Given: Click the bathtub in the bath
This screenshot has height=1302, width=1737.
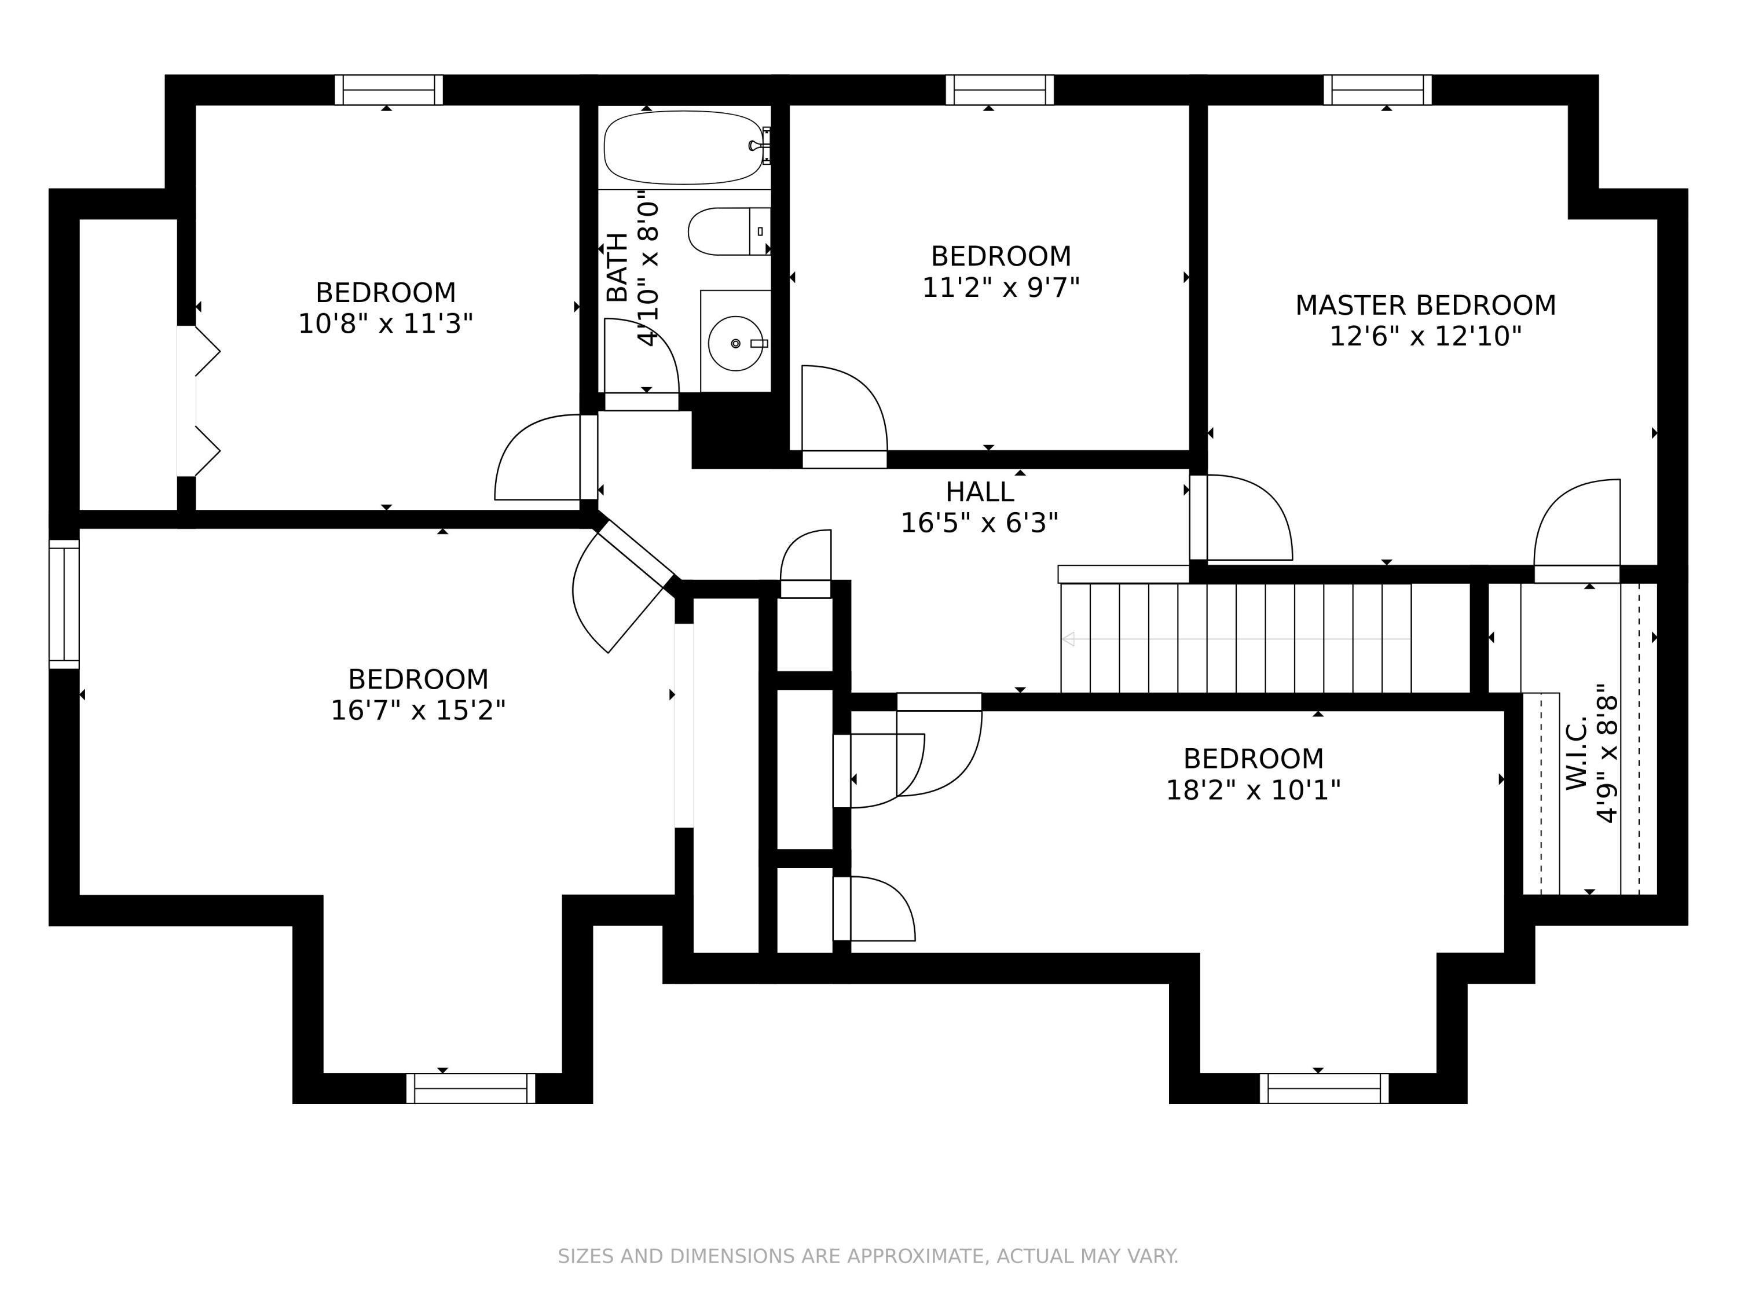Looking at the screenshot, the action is coord(683,148).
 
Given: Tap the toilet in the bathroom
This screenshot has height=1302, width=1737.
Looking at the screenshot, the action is coord(729,231).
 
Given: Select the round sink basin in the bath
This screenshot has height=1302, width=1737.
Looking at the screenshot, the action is coord(735,343).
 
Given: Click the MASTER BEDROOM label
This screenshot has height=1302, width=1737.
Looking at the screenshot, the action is coord(1425,306).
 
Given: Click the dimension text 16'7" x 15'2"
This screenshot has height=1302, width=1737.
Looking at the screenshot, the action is coord(418,710).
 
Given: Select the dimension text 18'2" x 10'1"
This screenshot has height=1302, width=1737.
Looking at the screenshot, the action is coord(1254,789).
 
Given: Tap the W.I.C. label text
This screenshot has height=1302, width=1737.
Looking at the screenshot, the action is coord(1577,753).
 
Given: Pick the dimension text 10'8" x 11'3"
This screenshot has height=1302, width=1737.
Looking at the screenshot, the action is coord(386,324).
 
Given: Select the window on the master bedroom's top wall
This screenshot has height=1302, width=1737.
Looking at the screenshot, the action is coord(1377,90).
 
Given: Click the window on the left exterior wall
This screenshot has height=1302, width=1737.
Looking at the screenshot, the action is coord(64,604).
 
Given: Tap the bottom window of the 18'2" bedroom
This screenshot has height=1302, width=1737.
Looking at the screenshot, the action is coord(1324,1088).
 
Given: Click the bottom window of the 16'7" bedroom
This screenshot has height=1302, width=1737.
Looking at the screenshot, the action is coord(470,1088).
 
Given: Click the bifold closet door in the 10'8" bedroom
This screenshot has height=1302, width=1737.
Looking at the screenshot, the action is coord(198,401).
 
